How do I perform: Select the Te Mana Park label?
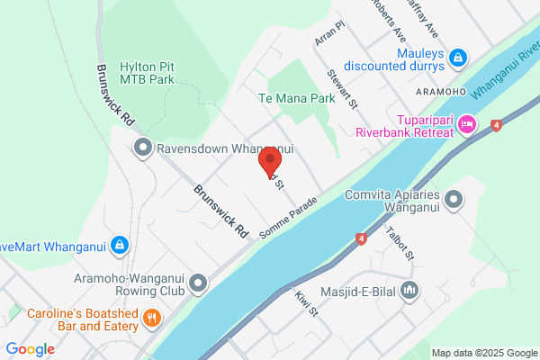click(x=291, y=98)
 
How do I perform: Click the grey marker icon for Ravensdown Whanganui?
click(x=142, y=149)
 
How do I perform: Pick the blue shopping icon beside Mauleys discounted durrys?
click(x=458, y=58)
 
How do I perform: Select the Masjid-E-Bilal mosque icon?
click(x=410, y=290)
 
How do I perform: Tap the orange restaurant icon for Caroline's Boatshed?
click(x=152, y=317)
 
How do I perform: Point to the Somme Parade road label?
click(x=290, y=217)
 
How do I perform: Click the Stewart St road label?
click(x=343, y=89)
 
